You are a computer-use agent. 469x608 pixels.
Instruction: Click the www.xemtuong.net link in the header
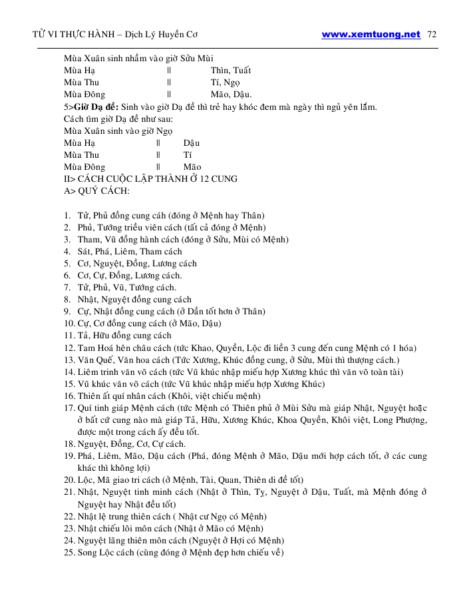coord(371,35)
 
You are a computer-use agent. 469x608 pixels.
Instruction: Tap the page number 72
coord(431,35)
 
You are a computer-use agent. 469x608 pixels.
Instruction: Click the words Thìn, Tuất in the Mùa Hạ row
coord(230,71)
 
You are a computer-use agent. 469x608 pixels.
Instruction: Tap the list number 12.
coord(69,348)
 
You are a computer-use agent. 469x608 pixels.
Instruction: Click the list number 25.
coord(69,553)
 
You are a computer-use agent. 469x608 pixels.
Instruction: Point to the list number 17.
coord(69,408)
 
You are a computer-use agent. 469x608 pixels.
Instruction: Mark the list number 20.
coord(69,480)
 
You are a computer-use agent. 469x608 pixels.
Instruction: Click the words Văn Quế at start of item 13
coord(95,360)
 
